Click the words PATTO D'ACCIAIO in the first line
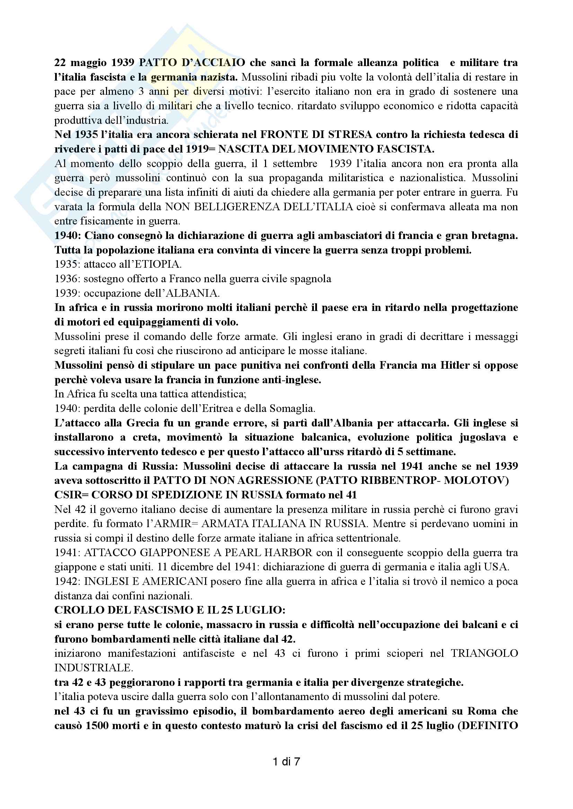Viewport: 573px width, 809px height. (192, 63)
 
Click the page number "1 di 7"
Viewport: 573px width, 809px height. (286, 762)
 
